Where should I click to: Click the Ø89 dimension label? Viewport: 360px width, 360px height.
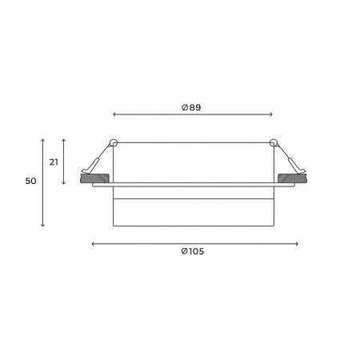(x=191, y=107)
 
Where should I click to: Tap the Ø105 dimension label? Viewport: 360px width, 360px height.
(x=192, y=252)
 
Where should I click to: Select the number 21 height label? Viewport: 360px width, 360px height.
(x=54, y=162)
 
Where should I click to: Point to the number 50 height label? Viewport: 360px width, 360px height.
(x=30, y=182)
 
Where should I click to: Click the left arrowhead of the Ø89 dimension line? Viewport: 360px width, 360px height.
(x=115, y=115)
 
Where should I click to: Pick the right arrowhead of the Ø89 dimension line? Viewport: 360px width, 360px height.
(x=271, y=115)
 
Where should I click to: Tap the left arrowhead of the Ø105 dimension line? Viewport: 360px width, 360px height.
(x=94, y=243)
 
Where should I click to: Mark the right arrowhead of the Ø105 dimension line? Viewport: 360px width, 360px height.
(x=297, y=243)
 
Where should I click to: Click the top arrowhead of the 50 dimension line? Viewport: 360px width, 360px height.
(x=42, y=139)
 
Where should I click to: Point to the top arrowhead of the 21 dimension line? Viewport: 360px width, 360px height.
(x=65, y=139)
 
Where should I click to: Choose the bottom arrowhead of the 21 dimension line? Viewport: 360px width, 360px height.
(x=65, y=183)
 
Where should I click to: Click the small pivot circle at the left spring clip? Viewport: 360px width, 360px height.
(x=113, y=143)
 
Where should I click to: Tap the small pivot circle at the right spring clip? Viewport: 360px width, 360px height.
(x=274, y=143)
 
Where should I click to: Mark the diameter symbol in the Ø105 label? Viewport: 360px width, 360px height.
(x=184, y=252)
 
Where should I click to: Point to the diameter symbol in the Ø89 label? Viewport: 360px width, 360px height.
(x=185, y=107)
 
